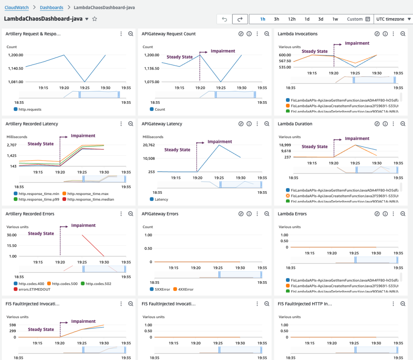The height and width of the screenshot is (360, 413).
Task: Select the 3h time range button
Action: (x=276, y=19)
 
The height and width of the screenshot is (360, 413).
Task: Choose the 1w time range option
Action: (x=335, y=19)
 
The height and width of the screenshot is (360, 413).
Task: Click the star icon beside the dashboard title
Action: (x=95, y=19)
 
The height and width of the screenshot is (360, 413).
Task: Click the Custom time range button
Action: (x=358, y=19)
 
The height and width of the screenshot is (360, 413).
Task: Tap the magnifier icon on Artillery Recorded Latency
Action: (x=131, y=124)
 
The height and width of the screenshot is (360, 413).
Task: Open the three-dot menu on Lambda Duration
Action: (x=393, y=124)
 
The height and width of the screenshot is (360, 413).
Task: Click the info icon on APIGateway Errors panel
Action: (x=249, y=214)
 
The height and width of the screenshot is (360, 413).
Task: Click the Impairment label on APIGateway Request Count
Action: (x=223, y=51)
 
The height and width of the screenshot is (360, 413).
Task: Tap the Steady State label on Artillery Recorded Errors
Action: (x=41, y=234)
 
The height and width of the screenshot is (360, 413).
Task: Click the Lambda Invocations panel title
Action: (x=298, y=34)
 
